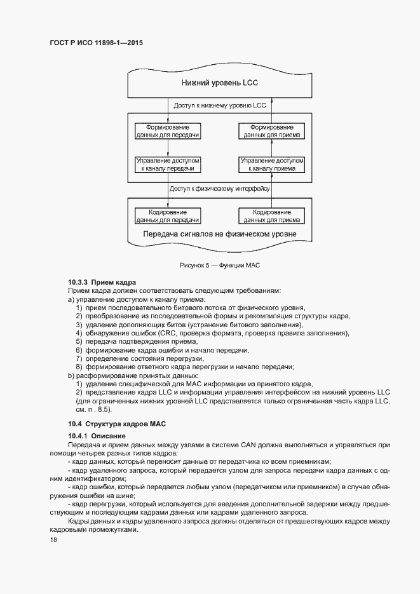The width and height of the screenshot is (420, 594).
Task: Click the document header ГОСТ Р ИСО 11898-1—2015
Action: pos(96,43)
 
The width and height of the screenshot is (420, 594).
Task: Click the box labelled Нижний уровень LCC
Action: pos(219,83)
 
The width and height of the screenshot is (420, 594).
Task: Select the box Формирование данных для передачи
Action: pos(168,131)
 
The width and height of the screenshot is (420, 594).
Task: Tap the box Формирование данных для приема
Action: pos(271,131)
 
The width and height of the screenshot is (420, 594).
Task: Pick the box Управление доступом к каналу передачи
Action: pos(168,165)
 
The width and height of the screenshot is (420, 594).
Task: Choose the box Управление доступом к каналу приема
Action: pos(271,165)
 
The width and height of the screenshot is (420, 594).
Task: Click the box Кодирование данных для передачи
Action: pos(168,216)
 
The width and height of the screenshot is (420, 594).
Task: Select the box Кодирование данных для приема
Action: pos(271,216)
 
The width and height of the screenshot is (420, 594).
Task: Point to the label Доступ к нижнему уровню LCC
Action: pos(220,105)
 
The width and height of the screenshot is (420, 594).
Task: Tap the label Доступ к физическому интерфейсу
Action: pos(220,189)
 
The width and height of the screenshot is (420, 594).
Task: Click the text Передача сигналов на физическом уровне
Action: pos(219,234)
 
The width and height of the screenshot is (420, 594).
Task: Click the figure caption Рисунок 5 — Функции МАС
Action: pos(220,264)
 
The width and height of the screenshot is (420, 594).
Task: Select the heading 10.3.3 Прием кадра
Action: pos(102,282)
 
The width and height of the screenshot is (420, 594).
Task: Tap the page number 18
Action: pos(53,541)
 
